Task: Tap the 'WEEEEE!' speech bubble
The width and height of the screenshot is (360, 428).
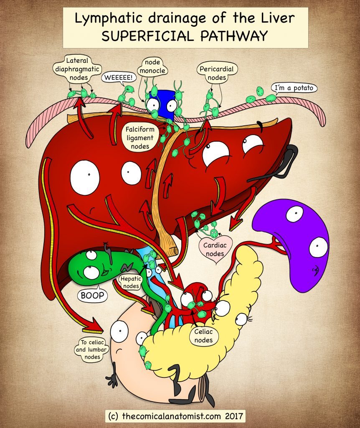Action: click(x=119, y=77)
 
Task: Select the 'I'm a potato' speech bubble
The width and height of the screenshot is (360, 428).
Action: click(x=294, y=88)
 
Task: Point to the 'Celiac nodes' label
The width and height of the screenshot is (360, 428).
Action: click(x=204, y=336)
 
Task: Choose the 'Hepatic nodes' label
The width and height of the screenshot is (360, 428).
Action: click(x=131, y=282)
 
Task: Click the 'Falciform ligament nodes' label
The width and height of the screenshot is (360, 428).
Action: click(x=140, y=138)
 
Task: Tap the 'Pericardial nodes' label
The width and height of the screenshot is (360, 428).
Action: click(x=217, y=73)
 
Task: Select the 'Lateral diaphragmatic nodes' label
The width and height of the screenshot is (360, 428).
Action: click(x=77, y=69)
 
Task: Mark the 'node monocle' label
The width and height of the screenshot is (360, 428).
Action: click(x=152, y=66)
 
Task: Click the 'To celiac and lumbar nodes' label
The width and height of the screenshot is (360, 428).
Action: click(x=92, y=349)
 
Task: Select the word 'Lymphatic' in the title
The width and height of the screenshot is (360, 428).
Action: click(x=109, y=19)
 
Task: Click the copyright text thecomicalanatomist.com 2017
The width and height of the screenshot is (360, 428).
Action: click(x=175, y=416)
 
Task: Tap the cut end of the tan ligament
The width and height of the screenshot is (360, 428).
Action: click(x=172, y=250)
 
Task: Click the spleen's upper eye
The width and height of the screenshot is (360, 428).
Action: click(x=294, y=214)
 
